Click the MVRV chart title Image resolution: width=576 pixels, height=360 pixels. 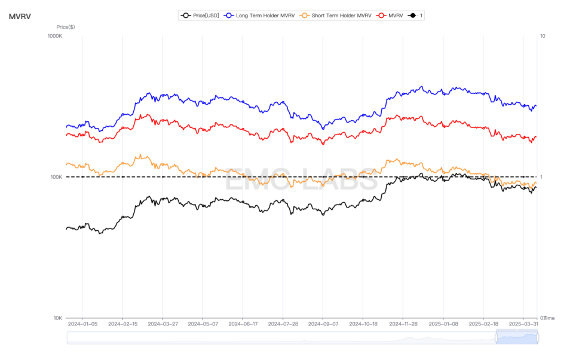20,16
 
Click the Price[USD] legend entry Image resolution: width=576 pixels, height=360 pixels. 202,16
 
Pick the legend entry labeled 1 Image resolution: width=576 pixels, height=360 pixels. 417,16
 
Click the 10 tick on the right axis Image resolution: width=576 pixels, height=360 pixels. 543,36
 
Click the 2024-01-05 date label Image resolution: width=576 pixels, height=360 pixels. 82,325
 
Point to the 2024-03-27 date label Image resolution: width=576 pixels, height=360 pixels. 163,325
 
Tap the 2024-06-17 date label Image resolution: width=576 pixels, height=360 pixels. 243,325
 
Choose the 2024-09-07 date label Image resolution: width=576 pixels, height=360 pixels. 323,325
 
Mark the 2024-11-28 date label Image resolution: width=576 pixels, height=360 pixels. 403,325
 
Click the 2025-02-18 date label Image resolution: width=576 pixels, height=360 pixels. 483,325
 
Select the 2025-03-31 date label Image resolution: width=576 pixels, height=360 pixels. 523,325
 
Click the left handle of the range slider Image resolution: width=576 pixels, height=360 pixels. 496,338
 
